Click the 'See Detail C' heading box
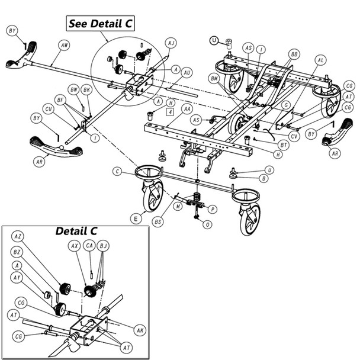click(x=100, y=24)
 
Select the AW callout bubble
click(x=64, y=44)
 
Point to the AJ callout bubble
click(x=171, y=43)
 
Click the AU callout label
click(x=187, y=72)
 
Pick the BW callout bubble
click(x=74, y=89)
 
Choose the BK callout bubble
click(x=87, y=89)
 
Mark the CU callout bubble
click(x=49, y=109)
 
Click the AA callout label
click(x=187, y=110)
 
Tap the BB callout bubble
click(x=293, y=53)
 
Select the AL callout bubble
click(x=320, y=60)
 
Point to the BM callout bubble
click(x=214, y=78)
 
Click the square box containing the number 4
click(x=170, y=111)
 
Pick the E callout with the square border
click(x=137, y=218)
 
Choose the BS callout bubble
click(x=157, y=221)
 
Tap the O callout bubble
click(x=207, y=224)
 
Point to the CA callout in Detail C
click(x=89, y=244)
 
